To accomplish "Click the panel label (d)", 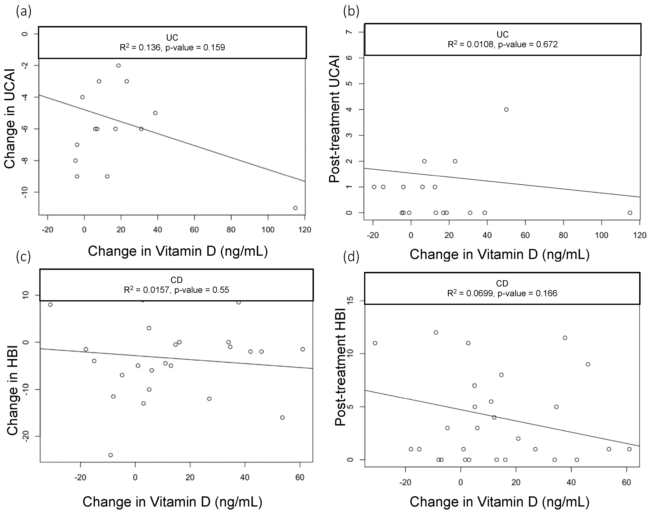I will click(x=351, y=257).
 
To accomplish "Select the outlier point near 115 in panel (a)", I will click(x=295, y=208).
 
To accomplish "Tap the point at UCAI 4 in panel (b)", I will click(x=506, y=110).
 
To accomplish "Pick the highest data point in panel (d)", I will click(x=436, y=332).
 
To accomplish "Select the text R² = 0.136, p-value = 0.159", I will click(x=172, y=48).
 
